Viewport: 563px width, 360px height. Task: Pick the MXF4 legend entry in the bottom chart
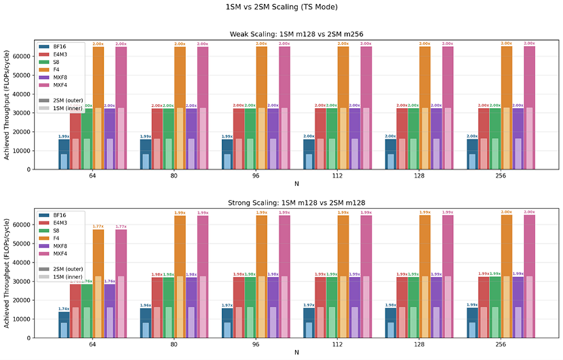point(54,258)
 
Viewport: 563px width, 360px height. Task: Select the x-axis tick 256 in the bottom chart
point(501,343)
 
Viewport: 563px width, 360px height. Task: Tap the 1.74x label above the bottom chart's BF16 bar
point(64,309)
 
